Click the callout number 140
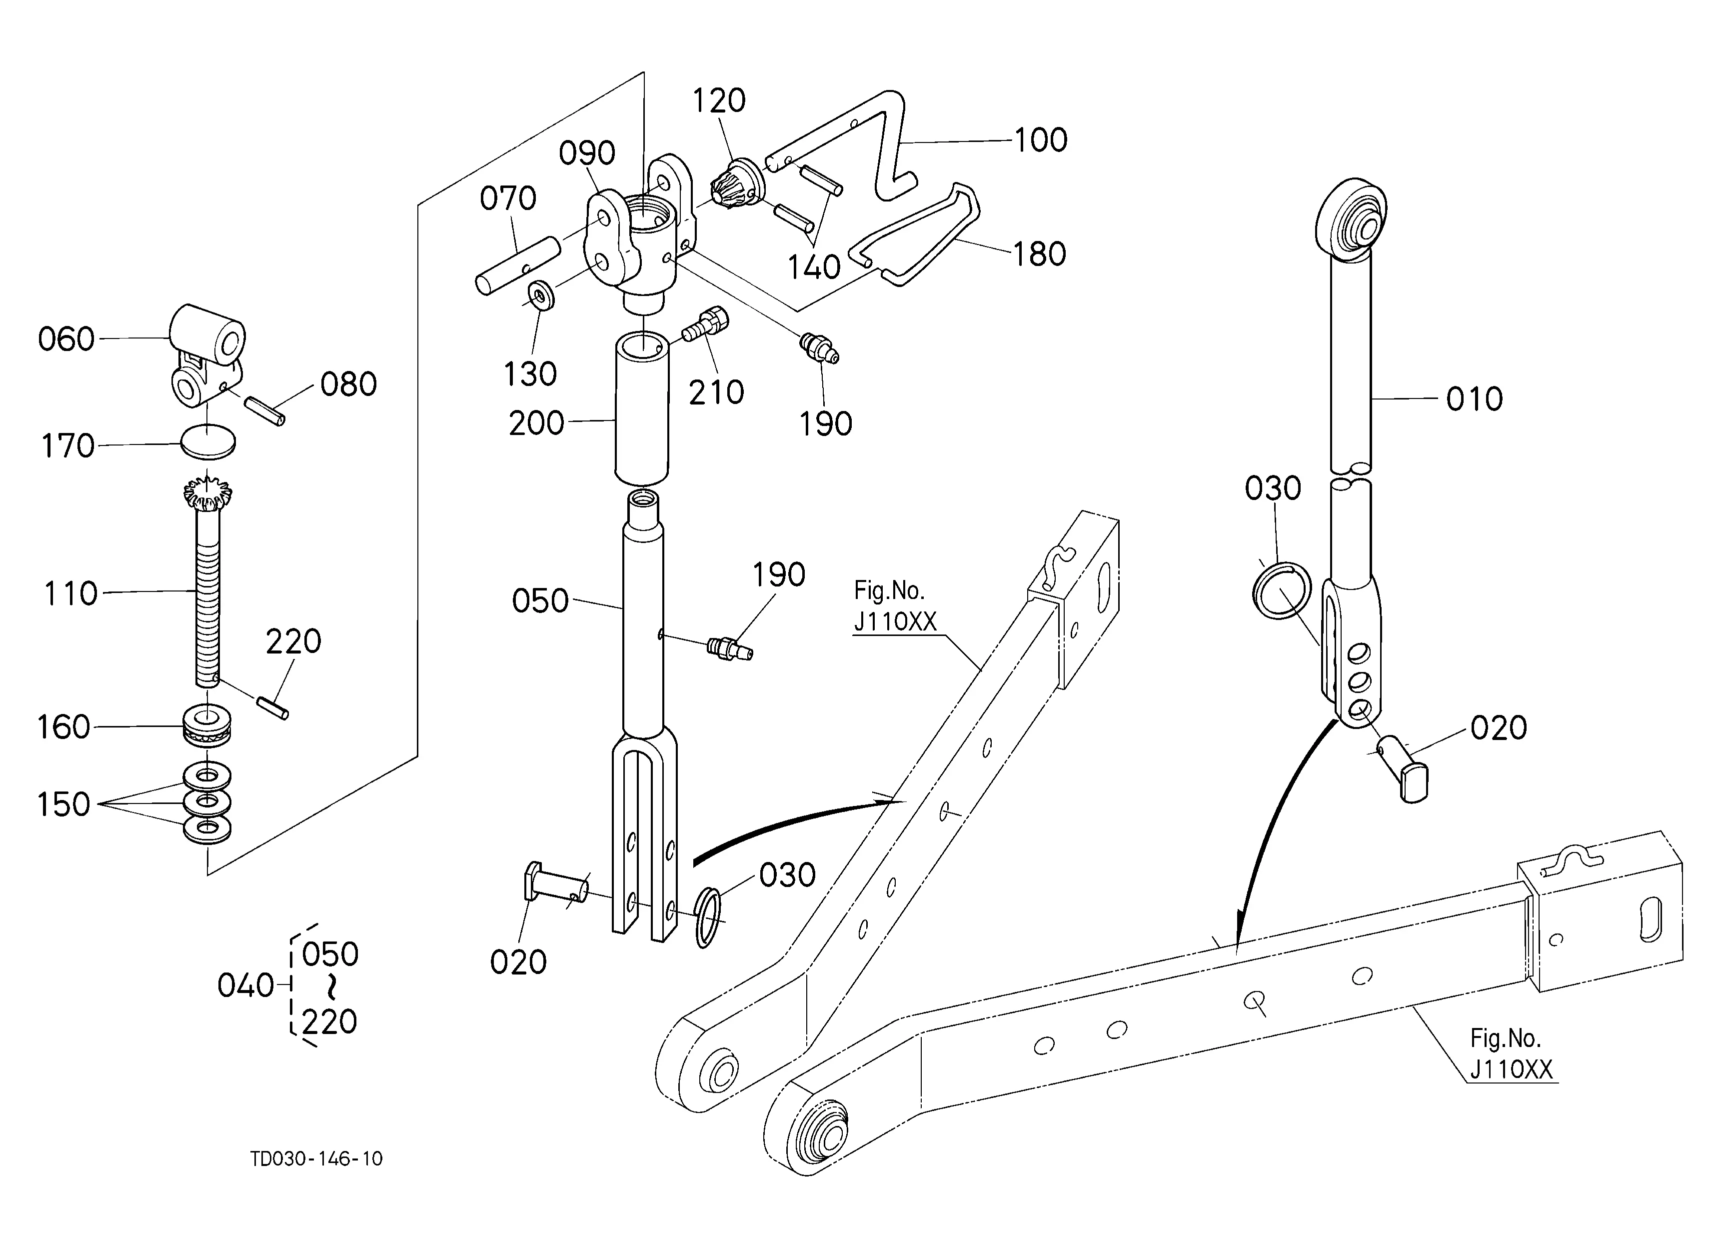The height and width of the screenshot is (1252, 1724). [813, 267]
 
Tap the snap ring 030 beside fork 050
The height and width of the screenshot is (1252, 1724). [707, 917]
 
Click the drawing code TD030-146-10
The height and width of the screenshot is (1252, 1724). [317, 1158]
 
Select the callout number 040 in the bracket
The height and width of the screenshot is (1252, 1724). [245, 986]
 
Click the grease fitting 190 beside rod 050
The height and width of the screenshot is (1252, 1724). [728, 648]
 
